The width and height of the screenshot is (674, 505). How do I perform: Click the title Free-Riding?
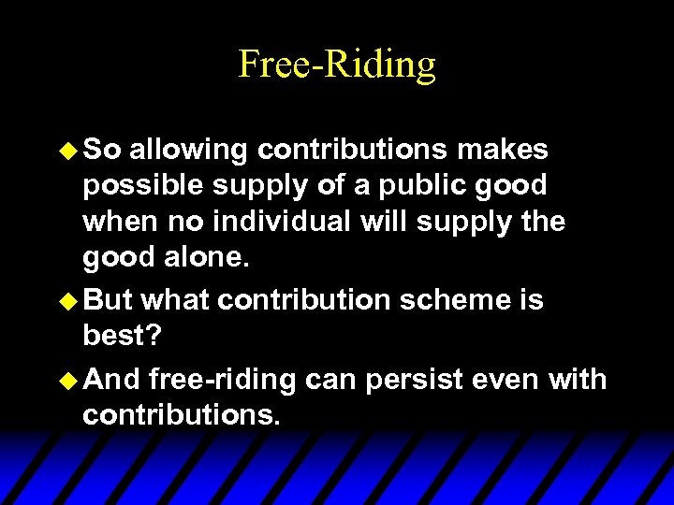(x=337, y=65)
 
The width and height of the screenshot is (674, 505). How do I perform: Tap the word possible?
(x=141, y=187)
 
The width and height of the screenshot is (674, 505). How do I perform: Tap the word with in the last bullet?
(x=579, y=380)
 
